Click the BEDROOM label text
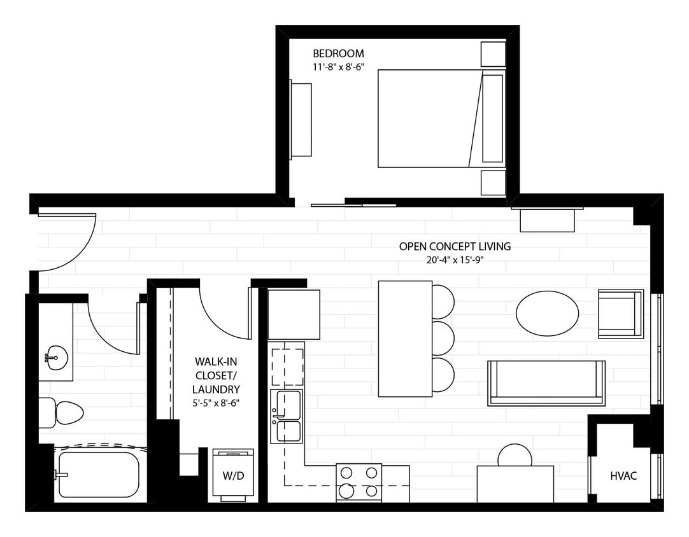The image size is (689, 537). click(338, 53)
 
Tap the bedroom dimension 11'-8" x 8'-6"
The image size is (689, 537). click(338, 66)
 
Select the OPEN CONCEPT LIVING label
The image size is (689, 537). click(455, 246)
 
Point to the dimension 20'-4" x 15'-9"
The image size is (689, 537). click(455, 260)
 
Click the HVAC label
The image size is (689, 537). click(623, 475)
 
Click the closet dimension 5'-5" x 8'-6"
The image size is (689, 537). click(217, 402)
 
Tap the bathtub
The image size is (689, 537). click(98, 474)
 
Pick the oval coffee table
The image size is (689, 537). click(547, 313)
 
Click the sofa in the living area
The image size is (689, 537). click(546, 383)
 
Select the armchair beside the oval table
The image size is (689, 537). click(620, 314)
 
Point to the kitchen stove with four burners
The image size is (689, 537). click(359, 482)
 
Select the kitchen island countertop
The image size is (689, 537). click(405, 338)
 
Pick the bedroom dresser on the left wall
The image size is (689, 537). click(301, 118)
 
